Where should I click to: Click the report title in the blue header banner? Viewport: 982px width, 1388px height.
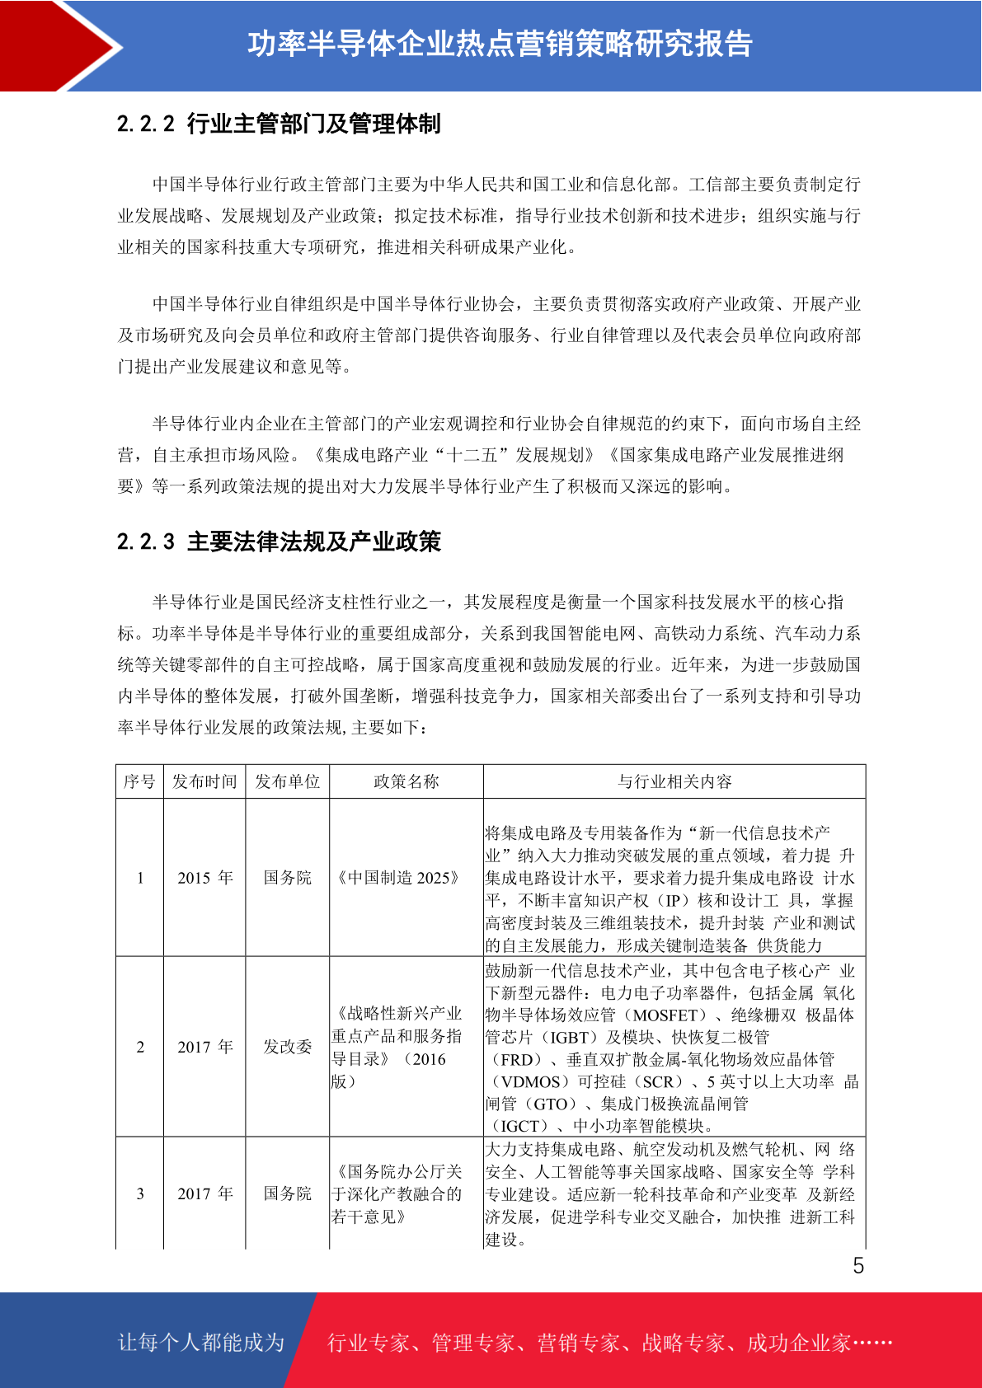pyautogui.click(x=500, y=45)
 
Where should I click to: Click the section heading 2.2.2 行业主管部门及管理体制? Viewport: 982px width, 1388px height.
pyautogui.click(x=279, y=124)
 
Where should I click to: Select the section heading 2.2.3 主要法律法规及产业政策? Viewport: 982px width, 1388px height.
pyautogui.click(x=279, y=542)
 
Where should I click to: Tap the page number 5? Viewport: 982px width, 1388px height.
pyautogui.click(x=858, y=1266)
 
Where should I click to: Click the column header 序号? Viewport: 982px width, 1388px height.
pyautogui.click(x=139, y=781)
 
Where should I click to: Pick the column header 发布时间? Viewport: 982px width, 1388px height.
pyautogui.click(x=204, y=781)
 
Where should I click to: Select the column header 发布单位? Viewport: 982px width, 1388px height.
pyautogui.click(x=287, y=781)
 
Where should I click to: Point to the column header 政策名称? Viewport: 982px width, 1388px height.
pyautogui.click(x=406, y=781)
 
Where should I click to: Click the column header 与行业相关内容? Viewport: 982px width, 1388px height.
pyautogui.click(x=674, y=781)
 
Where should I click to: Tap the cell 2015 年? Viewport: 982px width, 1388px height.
pyautogui.click(x=204, y=878)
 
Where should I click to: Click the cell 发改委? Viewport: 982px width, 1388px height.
pyautogui.click(x=287, y=1047)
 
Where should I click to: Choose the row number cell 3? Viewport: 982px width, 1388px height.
pyautogui.click(x=140, y=1193)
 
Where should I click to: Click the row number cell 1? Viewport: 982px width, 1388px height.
pyautogui.click(x=140, y=878)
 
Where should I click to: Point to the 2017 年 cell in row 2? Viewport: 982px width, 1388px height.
pyautogui.click(x=204, y=1047)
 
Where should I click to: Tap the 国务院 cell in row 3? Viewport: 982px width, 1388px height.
pyautogui.click(x=287, y=1193)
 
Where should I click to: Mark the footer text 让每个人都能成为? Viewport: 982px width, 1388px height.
pyautogui.click(x=201, y=1343)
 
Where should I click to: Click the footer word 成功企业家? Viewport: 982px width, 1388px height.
pyautogui.click(x=798, y=1343)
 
